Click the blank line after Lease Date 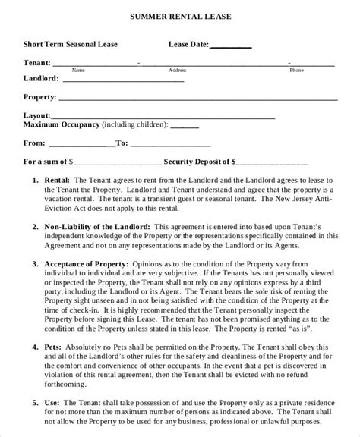click(x=229, y=46)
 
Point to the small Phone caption click(x=296, y=70)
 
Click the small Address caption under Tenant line click(x=177, y=70)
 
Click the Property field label click(x=40, y=97)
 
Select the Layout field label click(x=38, y=115)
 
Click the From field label click(x=34, y=142)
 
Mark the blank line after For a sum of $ click(x=117, y=162)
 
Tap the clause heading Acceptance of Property click(x=86, y=262)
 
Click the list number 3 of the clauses click(x=36, y=262)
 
